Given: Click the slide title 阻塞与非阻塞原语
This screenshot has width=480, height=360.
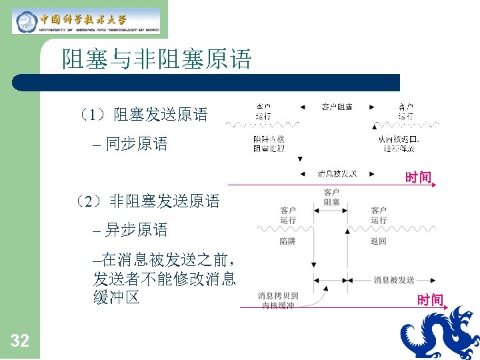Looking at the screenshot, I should tap(157, 60).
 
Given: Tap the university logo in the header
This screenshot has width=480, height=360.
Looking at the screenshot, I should tap(87, 21).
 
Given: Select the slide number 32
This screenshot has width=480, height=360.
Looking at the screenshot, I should tap(20, 341).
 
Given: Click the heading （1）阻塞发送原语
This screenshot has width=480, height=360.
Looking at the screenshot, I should tap(142, 115).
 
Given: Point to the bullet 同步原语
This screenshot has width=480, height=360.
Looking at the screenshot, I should tap(137, 143).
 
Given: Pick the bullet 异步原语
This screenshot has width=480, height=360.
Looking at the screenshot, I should tap(137, 230).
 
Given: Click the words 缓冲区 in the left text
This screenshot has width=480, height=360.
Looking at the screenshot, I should tap(117, 297).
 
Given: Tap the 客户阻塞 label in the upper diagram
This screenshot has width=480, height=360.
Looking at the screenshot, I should tap(337, 107).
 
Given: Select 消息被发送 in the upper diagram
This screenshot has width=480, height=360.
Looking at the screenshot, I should tap(337, 174).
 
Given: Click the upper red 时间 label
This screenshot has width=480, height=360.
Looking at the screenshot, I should tap(418, 177).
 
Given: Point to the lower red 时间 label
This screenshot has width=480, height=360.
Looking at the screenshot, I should tap(430, 301).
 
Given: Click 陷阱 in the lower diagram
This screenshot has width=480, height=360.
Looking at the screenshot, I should tap(288, 241).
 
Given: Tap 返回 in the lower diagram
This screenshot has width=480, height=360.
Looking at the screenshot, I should tap(378, 241).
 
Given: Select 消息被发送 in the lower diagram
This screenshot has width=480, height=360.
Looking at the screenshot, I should tap(394, 280).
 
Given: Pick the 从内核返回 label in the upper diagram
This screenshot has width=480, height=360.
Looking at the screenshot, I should tap(398, 143).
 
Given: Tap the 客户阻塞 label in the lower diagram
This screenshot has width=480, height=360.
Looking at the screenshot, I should tap(331, 198).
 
